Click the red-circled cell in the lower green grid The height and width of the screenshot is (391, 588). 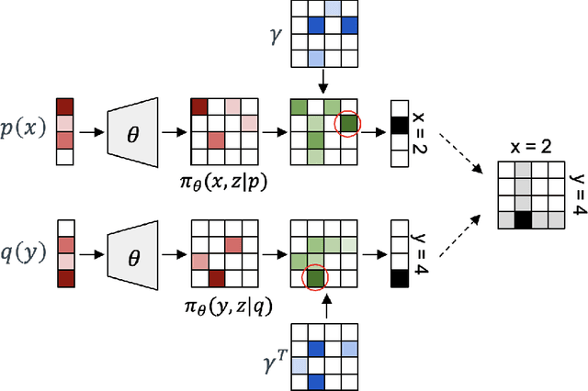(315, 277)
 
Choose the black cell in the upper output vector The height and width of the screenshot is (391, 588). (399, 124)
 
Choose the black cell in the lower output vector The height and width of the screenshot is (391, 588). (399, 276)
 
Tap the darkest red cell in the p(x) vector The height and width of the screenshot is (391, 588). (64, 106)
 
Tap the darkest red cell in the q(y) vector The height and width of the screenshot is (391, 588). (64, 276)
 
